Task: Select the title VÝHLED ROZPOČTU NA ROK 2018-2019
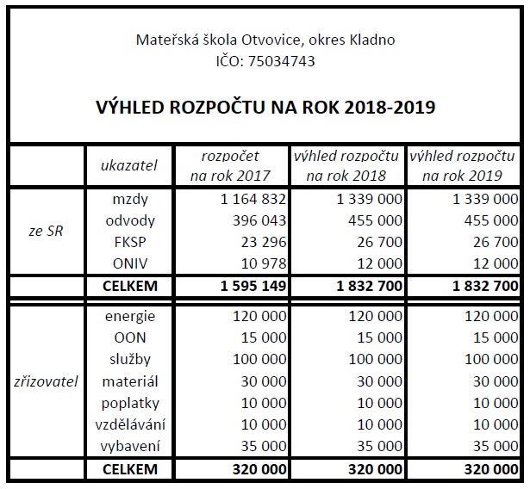[x=265, y=108]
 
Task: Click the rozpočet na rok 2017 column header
[x=229, y=166]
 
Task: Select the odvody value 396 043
[x=253, y=220]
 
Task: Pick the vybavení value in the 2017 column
[x=259, y=446]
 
